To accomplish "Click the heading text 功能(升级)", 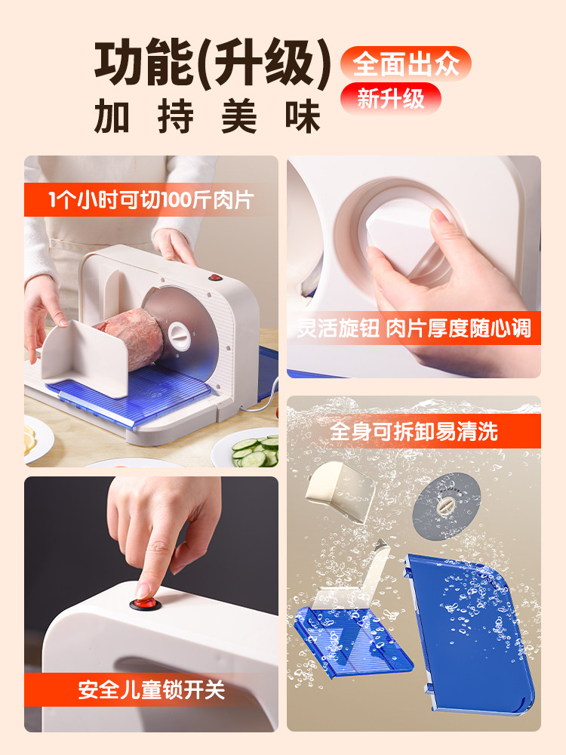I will (x=213, y=65).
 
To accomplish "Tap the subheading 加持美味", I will (x=208, y=117).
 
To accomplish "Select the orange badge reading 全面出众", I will (x=405, y=63).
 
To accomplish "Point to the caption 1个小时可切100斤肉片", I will (x=151, y=200).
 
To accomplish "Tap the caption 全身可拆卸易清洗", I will (x=414, y=432).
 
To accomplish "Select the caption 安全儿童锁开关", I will (x=151, y=689).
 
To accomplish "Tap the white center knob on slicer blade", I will (x=180, y=333).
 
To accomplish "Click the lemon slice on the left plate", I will (x=29, y=439).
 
